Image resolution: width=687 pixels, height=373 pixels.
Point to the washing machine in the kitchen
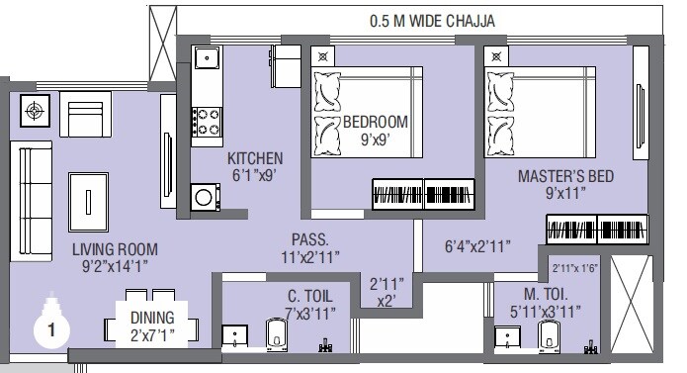[x=204, y=196]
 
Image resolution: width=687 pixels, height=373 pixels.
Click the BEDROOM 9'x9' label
[x=375, y=131]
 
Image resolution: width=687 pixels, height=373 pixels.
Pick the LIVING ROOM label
[x=114, y=258]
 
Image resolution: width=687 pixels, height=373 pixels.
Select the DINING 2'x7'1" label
[x=151, y=325]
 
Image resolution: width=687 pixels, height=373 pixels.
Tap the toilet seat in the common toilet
[x=277, y=335]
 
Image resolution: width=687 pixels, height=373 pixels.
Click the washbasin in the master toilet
[x=508, y=338]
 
